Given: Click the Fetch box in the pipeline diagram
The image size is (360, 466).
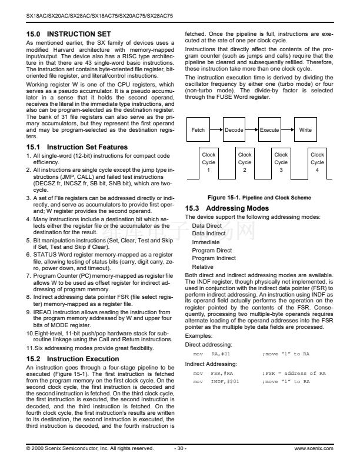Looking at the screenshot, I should [x=198, y=130].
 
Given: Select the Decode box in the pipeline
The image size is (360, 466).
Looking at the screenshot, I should [x=234, y=130].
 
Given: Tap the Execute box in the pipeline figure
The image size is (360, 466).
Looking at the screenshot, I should [x=270, y=130].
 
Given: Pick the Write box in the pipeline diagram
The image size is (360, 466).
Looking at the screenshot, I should [x=305, y=130].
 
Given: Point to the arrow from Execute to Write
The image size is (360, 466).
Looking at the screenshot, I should [x=288, y=130].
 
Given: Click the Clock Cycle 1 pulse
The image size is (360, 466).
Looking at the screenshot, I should [x=209, y=162].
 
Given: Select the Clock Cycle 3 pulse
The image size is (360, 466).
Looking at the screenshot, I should [x=281, y=162].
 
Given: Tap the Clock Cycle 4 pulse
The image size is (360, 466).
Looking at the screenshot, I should [x=317, y=162].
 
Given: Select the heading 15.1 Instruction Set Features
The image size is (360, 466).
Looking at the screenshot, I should [x=76, y=147].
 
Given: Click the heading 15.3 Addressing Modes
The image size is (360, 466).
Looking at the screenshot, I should [x=226, y=208].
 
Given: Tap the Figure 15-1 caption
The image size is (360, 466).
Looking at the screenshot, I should [x=259, y=198].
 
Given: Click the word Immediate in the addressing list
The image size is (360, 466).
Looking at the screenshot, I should [x=205, y=242].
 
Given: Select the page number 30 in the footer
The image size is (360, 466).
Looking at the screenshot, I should [x=181, y=448].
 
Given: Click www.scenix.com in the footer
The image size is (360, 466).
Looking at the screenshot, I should [x=314, y=448].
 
